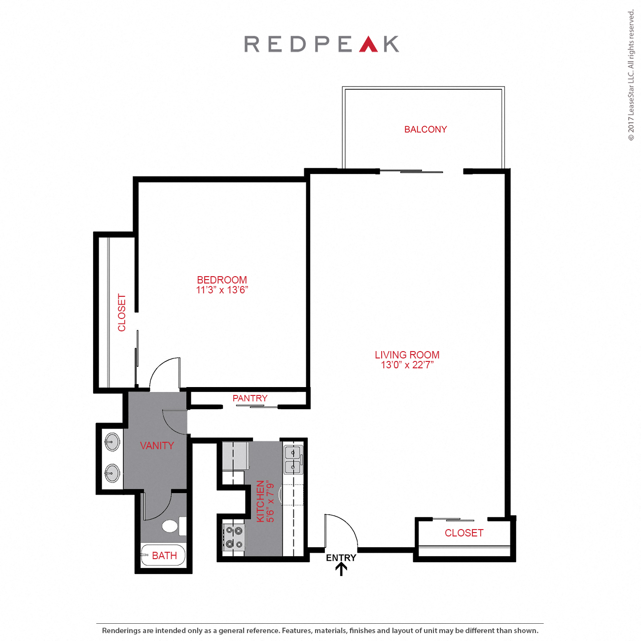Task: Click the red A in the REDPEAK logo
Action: click(368, 44)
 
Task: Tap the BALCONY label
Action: click(426, 130)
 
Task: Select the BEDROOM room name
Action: click(222, 280)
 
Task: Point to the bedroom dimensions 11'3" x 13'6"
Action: click(222, 290)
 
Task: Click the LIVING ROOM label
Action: click(407, 355)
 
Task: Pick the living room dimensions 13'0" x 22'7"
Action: click(407, 365)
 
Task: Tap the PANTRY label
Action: click(250, 398)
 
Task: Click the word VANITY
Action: click(157, 446)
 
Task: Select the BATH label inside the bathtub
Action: click(164, 556)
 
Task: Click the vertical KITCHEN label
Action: click(260, 501)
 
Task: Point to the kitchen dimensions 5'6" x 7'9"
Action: click(271, 501)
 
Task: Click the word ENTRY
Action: click(341, 558)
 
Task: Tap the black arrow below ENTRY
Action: click(341, 570)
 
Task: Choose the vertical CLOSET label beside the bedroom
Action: click(122, 313)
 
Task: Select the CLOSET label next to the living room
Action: click(464, 533)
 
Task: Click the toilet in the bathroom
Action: click(171, 526)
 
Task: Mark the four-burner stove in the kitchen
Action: click(234, 537)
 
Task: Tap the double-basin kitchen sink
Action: click(293, 459)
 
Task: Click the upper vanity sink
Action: click(112, 442)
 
